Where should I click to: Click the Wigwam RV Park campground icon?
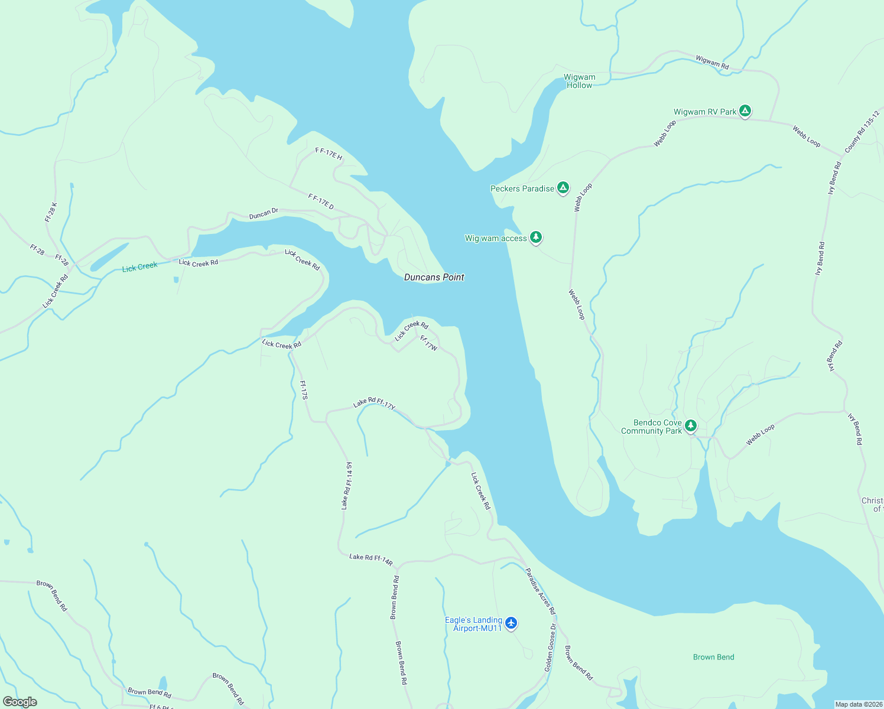[x=745, y=111]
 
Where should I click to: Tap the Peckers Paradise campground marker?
[x=563, y=188]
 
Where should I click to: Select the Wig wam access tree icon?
[x=535, y=238]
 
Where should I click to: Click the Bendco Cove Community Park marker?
[x=690, y=426]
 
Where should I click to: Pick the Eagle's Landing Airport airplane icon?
[x=511, y=623]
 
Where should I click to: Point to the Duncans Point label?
[x=434, y=277]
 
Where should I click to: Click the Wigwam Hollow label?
[x=579, y=81]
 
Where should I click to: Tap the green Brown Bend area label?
[x=713, y=657]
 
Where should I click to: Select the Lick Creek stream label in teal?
[x=139, y=267]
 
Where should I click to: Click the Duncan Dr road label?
[x=264, y=213]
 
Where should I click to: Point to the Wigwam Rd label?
[x=712, y=61]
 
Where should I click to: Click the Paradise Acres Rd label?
[x=540, y=591]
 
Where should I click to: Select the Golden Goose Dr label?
[x=550, y=648]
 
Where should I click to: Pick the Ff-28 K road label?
[x=51, y=212]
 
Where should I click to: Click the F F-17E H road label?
[x=329, y=154]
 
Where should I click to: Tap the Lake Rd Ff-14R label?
[x=370, y=560]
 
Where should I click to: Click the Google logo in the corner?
[x=20, y=702]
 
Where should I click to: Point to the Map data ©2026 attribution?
[x=858, y=704]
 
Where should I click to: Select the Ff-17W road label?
[x=428, y=343]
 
